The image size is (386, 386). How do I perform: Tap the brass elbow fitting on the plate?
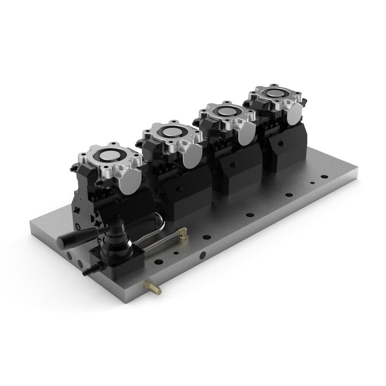pos(182,233)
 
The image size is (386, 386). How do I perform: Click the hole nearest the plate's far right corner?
pos(324,177)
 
